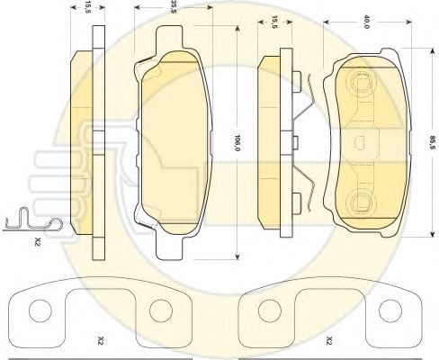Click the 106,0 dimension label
(x=237, y=142)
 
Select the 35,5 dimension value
(x=173, y=6)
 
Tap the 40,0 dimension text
(x=366, y=22)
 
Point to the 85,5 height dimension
(x=432, y=142)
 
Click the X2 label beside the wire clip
(x=38, y=241)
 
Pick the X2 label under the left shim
(x=101, y=340)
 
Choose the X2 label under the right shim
(x=329, y=340)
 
